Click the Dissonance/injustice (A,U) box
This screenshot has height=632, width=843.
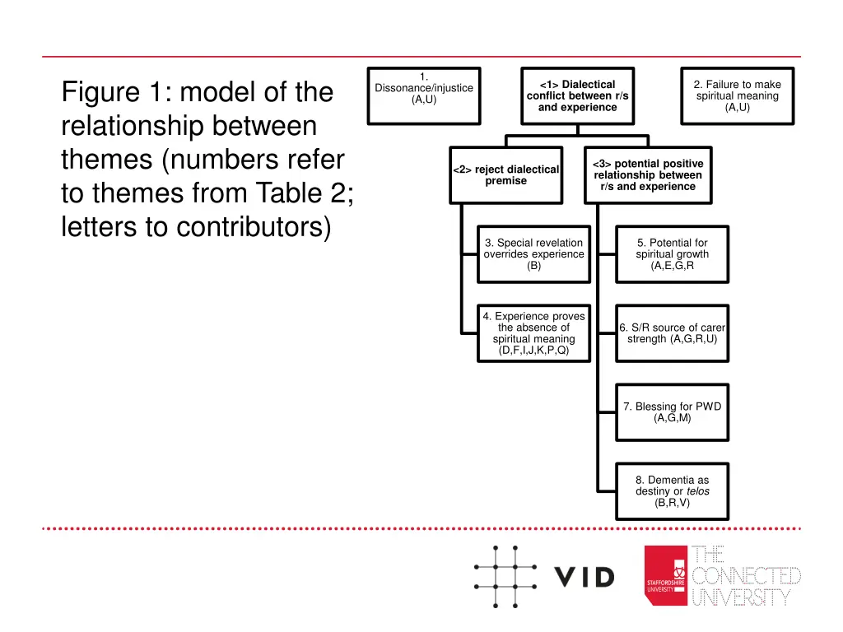point(423,95)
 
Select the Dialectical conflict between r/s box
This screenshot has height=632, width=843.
point(577,95)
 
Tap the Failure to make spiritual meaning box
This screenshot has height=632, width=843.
point(737,95)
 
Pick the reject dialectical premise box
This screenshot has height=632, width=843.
point(505,174)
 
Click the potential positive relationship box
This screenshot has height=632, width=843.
point(647,174)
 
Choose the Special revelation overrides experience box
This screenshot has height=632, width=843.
point(533,254)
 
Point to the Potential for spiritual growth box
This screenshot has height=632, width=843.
point(672,254)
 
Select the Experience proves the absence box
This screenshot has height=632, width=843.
point(533,333)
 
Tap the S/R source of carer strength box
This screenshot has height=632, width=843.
point(672,333)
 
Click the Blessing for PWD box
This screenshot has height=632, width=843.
point(672,412)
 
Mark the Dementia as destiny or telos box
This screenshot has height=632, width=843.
point(672,491)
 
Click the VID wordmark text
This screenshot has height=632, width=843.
point(584,578)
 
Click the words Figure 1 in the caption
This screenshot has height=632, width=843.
point(113,92)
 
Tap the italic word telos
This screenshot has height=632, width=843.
point(696,491)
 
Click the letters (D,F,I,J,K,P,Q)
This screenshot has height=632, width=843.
point(533,351)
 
